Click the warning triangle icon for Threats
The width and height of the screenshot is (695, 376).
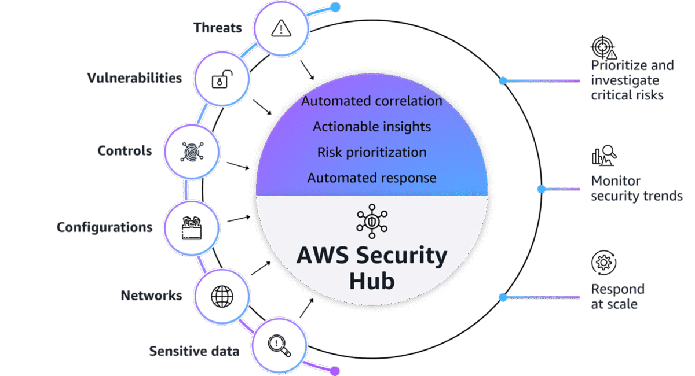coord(280,28)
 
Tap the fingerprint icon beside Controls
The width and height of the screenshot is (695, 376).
coord(191,152)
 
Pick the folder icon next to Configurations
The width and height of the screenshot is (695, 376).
coord(191,227)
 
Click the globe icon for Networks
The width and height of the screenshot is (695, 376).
coord(221,296)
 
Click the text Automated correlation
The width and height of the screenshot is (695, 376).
coord(371,101)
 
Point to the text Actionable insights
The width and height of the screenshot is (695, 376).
coord(371,126)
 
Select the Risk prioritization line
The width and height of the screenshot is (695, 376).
coord(371,152)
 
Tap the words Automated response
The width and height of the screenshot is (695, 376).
coord(371,178)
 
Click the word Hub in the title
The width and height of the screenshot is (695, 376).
coord(371,281)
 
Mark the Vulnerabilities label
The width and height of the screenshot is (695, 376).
coord(134,78)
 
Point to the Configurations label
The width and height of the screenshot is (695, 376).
coord(104,227)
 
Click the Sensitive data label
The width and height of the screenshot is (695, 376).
coord(194,351)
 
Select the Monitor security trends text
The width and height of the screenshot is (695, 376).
coord(637,189)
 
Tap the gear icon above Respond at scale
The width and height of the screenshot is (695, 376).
coord(603,263)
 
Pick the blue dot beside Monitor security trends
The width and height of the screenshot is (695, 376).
coord(542,189)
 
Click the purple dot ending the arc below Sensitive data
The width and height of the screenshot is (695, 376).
coord(335,371)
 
